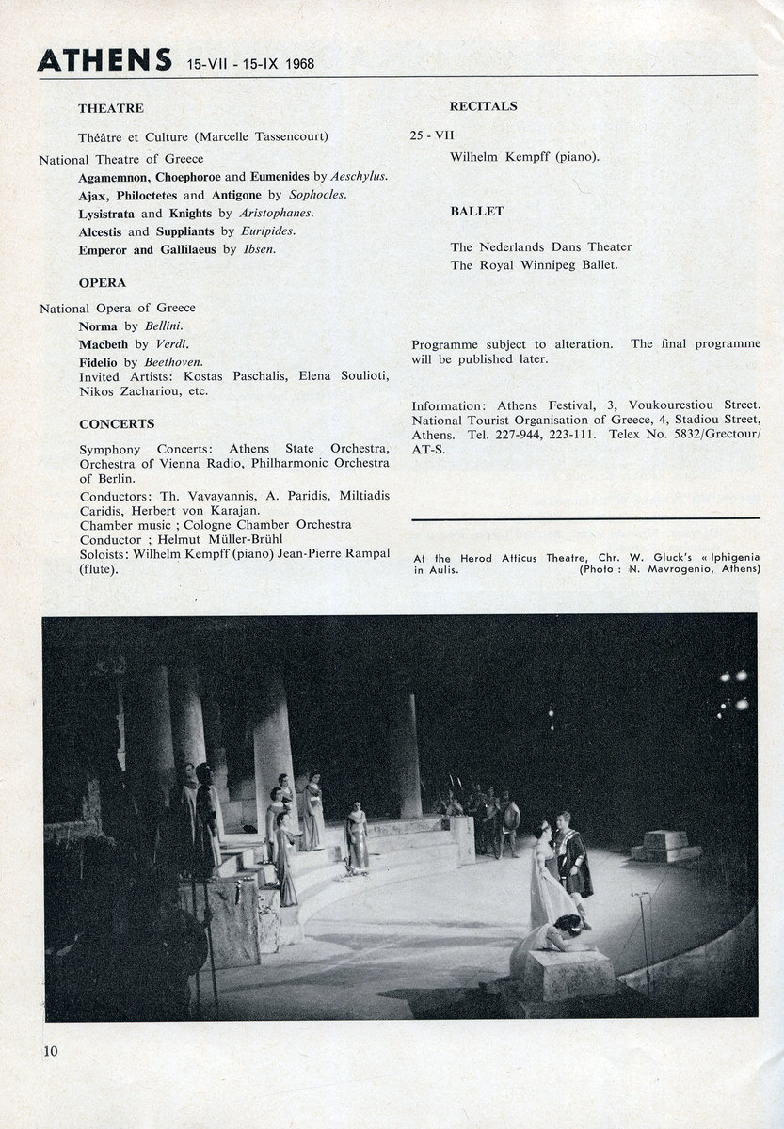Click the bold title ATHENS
point(104,59)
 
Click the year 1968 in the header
point(296,65)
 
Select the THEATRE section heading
point(111,108)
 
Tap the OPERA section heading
point(103,282)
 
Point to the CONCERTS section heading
point(117,423)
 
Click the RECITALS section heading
point(483,106)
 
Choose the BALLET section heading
point(476,211)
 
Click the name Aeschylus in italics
point(359,176)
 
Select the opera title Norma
point(99,326)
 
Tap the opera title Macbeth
point(104,344)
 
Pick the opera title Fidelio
point(100,361)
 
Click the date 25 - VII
point(432,135)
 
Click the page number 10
point(49,1051)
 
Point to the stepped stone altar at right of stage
point(665,845)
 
